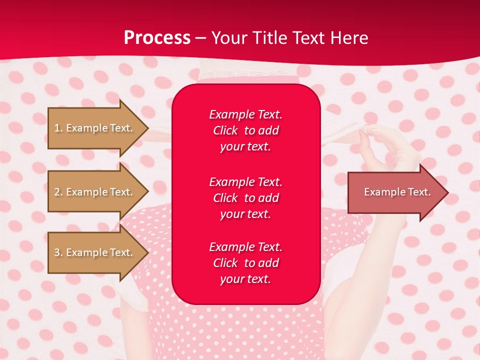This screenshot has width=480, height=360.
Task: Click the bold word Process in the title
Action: [157, 38]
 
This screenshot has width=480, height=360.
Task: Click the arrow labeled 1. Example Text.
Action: [94, 128]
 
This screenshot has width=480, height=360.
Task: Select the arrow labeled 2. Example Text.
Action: [94, 192]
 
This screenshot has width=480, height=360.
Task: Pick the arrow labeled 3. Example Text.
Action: [94, 252]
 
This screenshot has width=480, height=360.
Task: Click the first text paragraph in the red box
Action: [245, 130]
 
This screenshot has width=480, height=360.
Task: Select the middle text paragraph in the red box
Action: [245, 198]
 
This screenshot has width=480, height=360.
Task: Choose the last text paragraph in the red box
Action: [245, 263]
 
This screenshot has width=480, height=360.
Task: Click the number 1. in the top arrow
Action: [58, 128]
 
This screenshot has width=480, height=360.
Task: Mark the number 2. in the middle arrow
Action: [58, 192]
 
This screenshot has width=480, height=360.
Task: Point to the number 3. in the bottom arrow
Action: [58, 252]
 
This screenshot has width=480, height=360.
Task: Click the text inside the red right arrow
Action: [397, 192]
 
